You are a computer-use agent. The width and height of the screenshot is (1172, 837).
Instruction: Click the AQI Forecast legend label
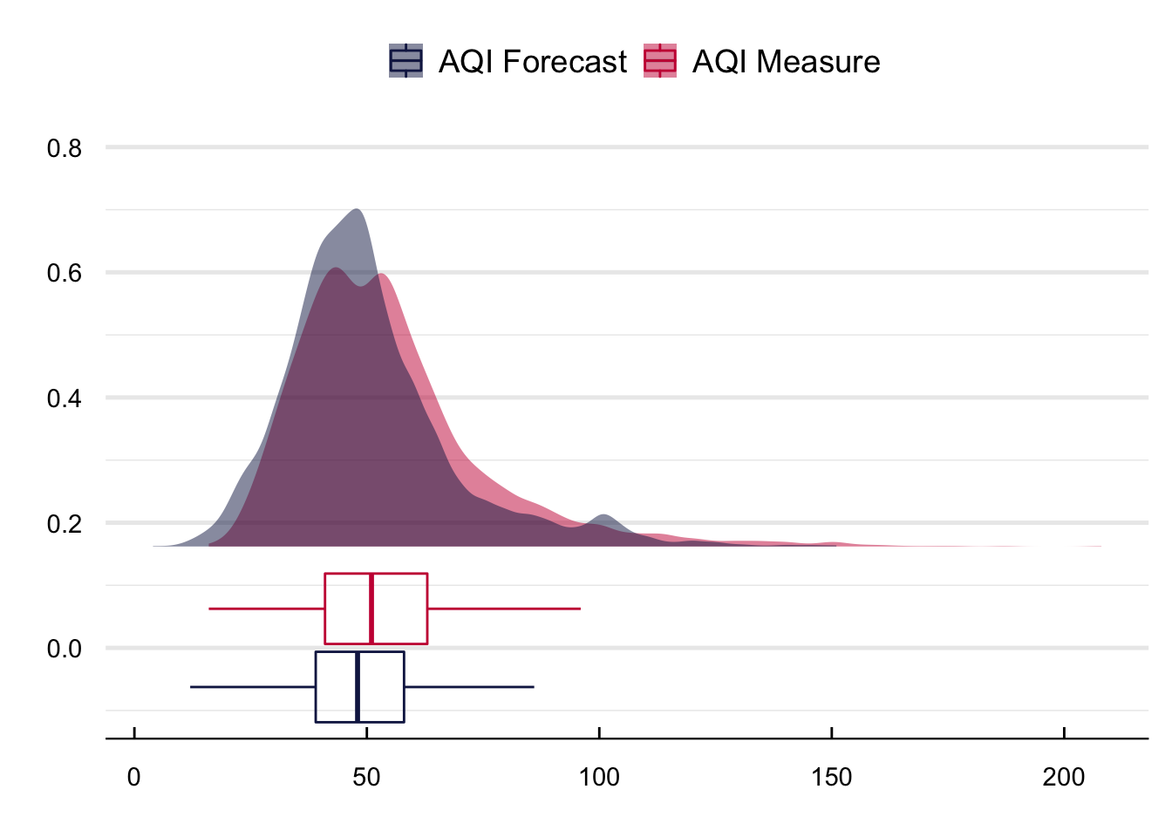pyautogui.click(x=532, y=62)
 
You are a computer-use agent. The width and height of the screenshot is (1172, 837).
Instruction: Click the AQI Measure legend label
pyautogui.click(x=786, y=62)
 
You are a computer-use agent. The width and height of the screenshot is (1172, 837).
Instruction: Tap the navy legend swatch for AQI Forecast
pyautogui.click(x=405, y=61)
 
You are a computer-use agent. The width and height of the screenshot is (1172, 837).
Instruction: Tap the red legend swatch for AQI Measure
pyautogui.click(x=660, y=61)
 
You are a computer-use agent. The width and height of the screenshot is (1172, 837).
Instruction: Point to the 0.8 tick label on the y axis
pyautogui.click(x=64, y=148)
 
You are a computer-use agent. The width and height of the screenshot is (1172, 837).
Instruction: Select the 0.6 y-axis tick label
pyautogui.click(x=64, y=273)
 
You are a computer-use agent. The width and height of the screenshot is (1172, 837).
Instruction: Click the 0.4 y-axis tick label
pyautogui.click(x=64, y=398)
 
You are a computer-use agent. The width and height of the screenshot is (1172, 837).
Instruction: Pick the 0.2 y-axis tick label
pyautogui.click(x=64, y=523)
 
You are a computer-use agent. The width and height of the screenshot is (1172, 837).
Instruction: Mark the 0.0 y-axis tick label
pyautogui.click(x=64, y=649)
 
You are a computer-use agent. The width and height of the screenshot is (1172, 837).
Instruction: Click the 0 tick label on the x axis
pyautogui.click(x=133, y=777)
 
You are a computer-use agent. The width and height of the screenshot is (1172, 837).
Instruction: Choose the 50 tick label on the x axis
pyautogui.click(x=366, y=777)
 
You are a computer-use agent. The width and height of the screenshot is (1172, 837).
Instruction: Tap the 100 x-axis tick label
pyautogui.click(x=599, y=777)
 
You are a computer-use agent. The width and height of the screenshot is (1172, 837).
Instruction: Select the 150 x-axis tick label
pyautogui.click(x=831, y=777)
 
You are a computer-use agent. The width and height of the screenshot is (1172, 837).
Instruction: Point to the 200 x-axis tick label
pyautogui.click(x=1064, y=777)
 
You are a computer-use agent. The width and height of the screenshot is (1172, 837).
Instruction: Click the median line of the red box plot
pyautogui.click(x=371, y=609)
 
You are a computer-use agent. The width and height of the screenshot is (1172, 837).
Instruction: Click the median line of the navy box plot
pyautogui.click(x=358, y=687)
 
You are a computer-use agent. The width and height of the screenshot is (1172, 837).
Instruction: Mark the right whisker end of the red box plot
pyautogui.click(x=580, y=609)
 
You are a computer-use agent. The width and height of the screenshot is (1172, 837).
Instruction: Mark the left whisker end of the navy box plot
pyautogui.click(x=191, y=687)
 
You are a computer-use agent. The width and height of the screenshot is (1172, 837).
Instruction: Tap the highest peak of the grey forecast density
pyautogui.click(x=356, y=211)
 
